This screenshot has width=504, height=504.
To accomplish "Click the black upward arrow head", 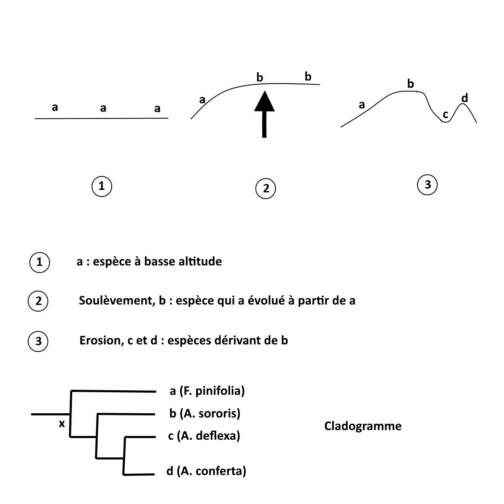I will point(264,102).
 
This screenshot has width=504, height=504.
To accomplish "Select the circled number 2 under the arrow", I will point(265,189).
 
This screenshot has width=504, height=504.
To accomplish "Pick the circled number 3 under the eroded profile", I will point(428,184).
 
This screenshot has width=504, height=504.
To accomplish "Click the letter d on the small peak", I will point(465,98).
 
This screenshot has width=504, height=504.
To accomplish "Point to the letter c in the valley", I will point(446,114).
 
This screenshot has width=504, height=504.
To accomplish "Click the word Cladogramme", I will point(362,426).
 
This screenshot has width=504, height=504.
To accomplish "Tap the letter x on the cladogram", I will point(62,424).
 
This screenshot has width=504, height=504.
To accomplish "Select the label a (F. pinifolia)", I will point(207,391).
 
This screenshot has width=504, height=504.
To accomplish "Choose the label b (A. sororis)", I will point(205,414).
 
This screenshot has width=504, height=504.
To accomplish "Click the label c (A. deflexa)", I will point(204,436).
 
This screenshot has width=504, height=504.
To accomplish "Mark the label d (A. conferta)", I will point(206,471).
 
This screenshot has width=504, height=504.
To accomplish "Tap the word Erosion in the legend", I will point(100,340).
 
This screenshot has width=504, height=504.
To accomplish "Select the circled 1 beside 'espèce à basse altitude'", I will point(39,262).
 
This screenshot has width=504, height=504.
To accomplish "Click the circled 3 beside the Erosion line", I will point(38,341).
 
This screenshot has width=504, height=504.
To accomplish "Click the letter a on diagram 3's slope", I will point(362,105).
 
